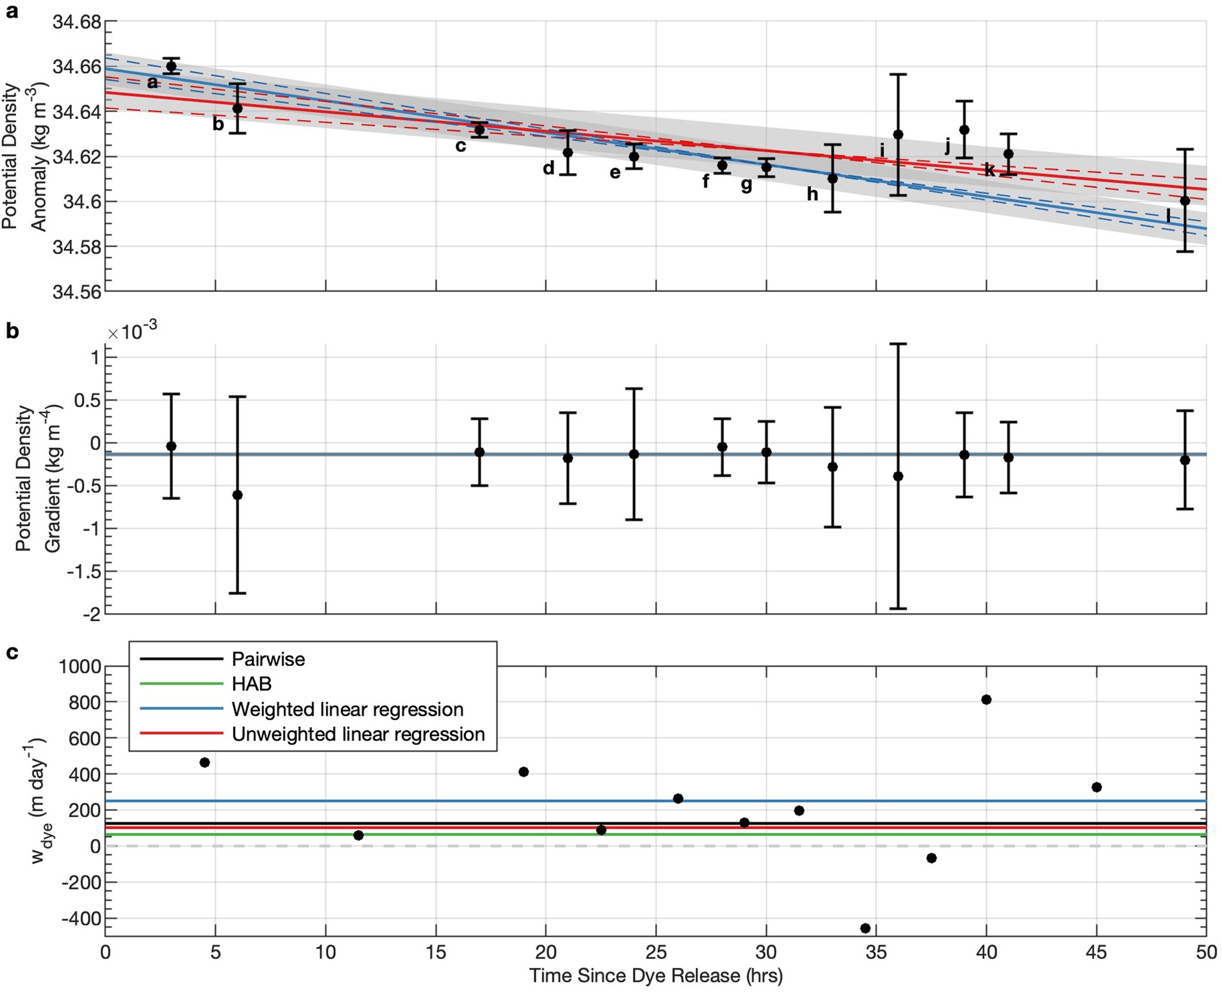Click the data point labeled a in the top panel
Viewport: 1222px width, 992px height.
click(171, 66)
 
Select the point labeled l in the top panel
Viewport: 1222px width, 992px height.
click(1185, 201)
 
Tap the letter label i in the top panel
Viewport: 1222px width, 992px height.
click(882, 151)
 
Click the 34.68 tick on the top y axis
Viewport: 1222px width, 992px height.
click(76, 22)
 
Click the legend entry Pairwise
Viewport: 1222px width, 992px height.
click(268, 659)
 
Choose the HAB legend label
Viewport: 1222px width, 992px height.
click(251, 684)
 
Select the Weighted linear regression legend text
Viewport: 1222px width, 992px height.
click(347, 709)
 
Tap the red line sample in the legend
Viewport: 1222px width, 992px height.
click(181, 734)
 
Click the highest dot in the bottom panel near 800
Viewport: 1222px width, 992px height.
click(986, 699)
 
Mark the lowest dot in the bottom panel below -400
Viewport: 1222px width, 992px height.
click(865, 928)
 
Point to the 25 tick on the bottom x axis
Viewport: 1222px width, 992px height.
click(656, 952)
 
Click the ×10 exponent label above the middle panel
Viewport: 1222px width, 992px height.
click(132, 332)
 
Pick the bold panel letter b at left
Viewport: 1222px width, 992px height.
click(12, 332)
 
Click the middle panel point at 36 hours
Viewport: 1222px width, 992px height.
click(898, 476)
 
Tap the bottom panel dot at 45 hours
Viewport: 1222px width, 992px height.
click(1096, 787)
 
